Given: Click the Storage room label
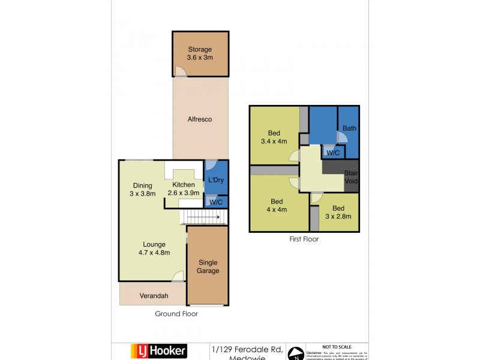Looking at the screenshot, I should point(200,53).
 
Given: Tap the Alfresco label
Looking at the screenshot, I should point(200,119).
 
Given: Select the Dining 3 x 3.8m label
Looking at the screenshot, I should point(143,190).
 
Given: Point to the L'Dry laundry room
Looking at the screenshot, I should point(216,180).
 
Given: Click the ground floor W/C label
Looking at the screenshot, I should point(217,202).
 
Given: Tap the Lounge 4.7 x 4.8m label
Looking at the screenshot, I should point(154,248).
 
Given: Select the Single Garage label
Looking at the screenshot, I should point(208,266).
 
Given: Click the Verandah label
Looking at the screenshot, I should point(153,296).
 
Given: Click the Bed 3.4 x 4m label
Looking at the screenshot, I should point(274,137).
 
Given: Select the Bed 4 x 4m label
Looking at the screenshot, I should point(277,205).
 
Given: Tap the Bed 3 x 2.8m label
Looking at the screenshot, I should point(338,212).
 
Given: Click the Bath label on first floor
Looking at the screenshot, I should point(349,128).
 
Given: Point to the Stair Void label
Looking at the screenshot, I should point(350,177).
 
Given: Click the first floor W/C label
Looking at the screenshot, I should point(332,153).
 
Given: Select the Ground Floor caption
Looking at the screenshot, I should point(176,314).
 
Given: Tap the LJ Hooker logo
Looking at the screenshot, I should point(159,350).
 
